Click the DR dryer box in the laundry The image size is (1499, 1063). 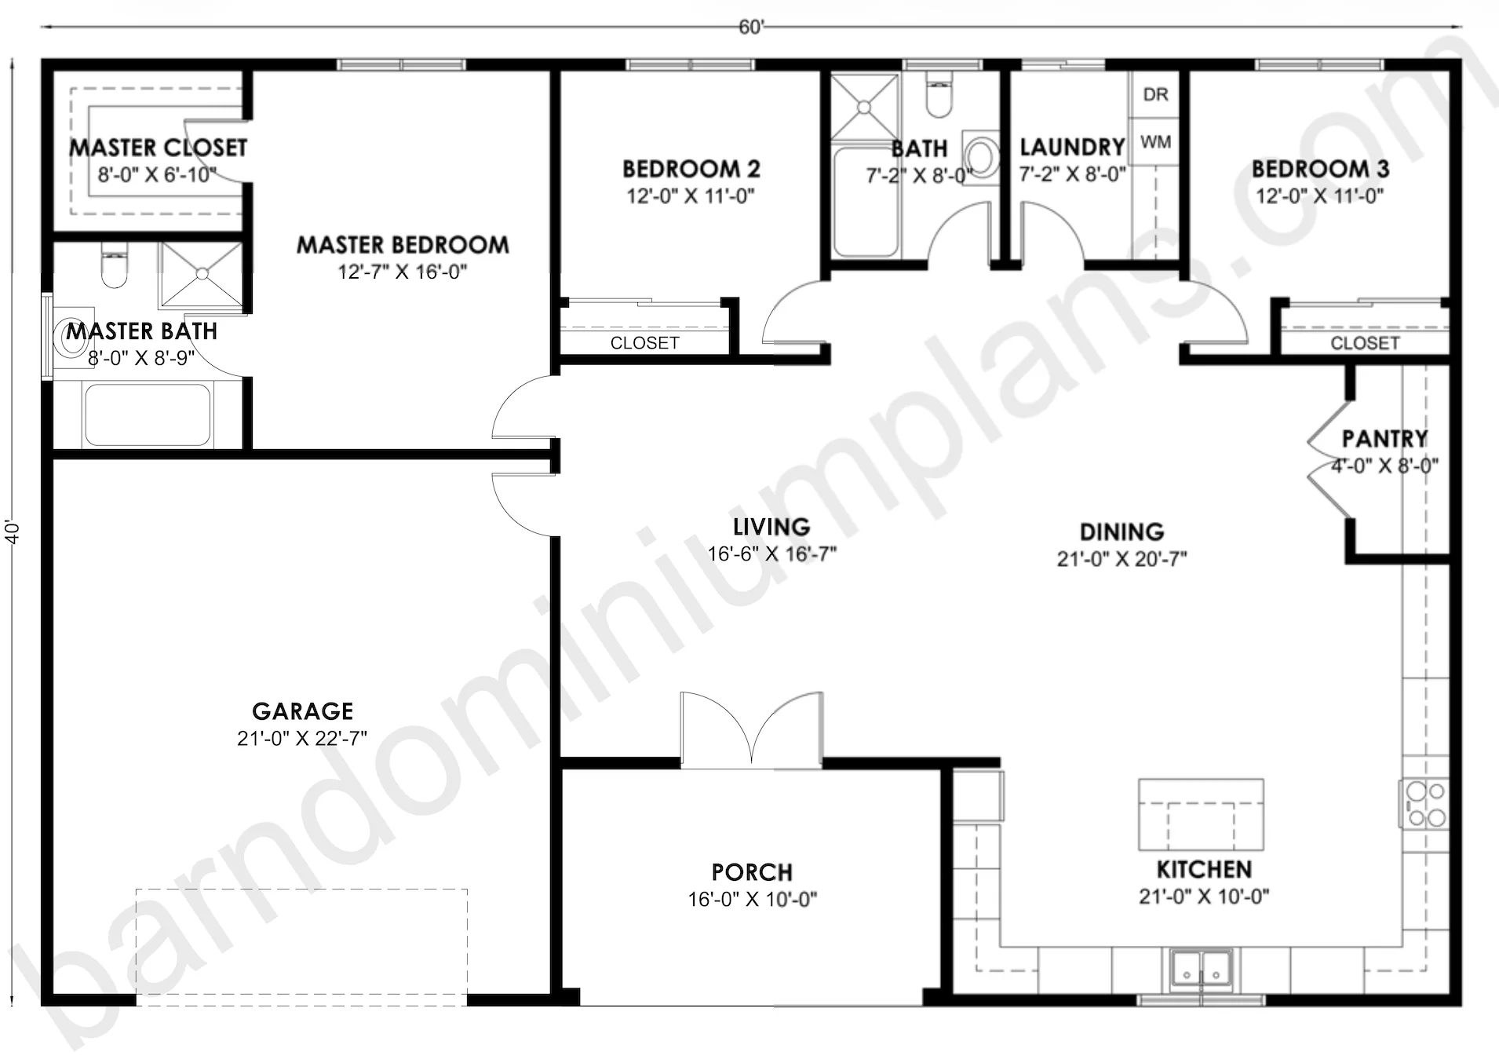pyautogui.click(x=1154, y=94)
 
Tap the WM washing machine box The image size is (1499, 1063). pyautogui.click(x=1154, y=142)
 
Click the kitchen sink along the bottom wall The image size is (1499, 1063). pyautogui.click(x=1201, y=969)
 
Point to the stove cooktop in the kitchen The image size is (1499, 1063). pyautogui.click(x=1424, y=803)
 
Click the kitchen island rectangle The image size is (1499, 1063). pyautogui.click(x=1201, y=814)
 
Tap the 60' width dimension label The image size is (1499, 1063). pyautogui.click(x=750, y=27)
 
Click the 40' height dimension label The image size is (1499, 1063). pyautogui.click(x=12, y=531)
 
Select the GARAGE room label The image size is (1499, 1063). pyautogui.click(x=302, y=711)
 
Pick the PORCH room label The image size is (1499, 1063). pyautogui.click(x=752, y=872)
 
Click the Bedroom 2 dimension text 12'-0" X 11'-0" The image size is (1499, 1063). pyautogui.click(x=690, y=195)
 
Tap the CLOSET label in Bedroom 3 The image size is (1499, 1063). pyautogui.click(x=1365, y=343)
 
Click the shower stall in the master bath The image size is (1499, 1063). pyautogui.click(x=201, y=274)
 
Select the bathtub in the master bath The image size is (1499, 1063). pyautogui.click(x=147, y=415)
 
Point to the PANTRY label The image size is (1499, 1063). pyautogui.click(x=1384, y=438)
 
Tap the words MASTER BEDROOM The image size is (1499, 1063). pyautogui.click(x=403, y=245)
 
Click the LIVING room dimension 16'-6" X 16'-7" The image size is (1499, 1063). pyautogui.click(x=771, y=554)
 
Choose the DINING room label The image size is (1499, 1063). pyautogui.click(x=1122, y=532)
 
